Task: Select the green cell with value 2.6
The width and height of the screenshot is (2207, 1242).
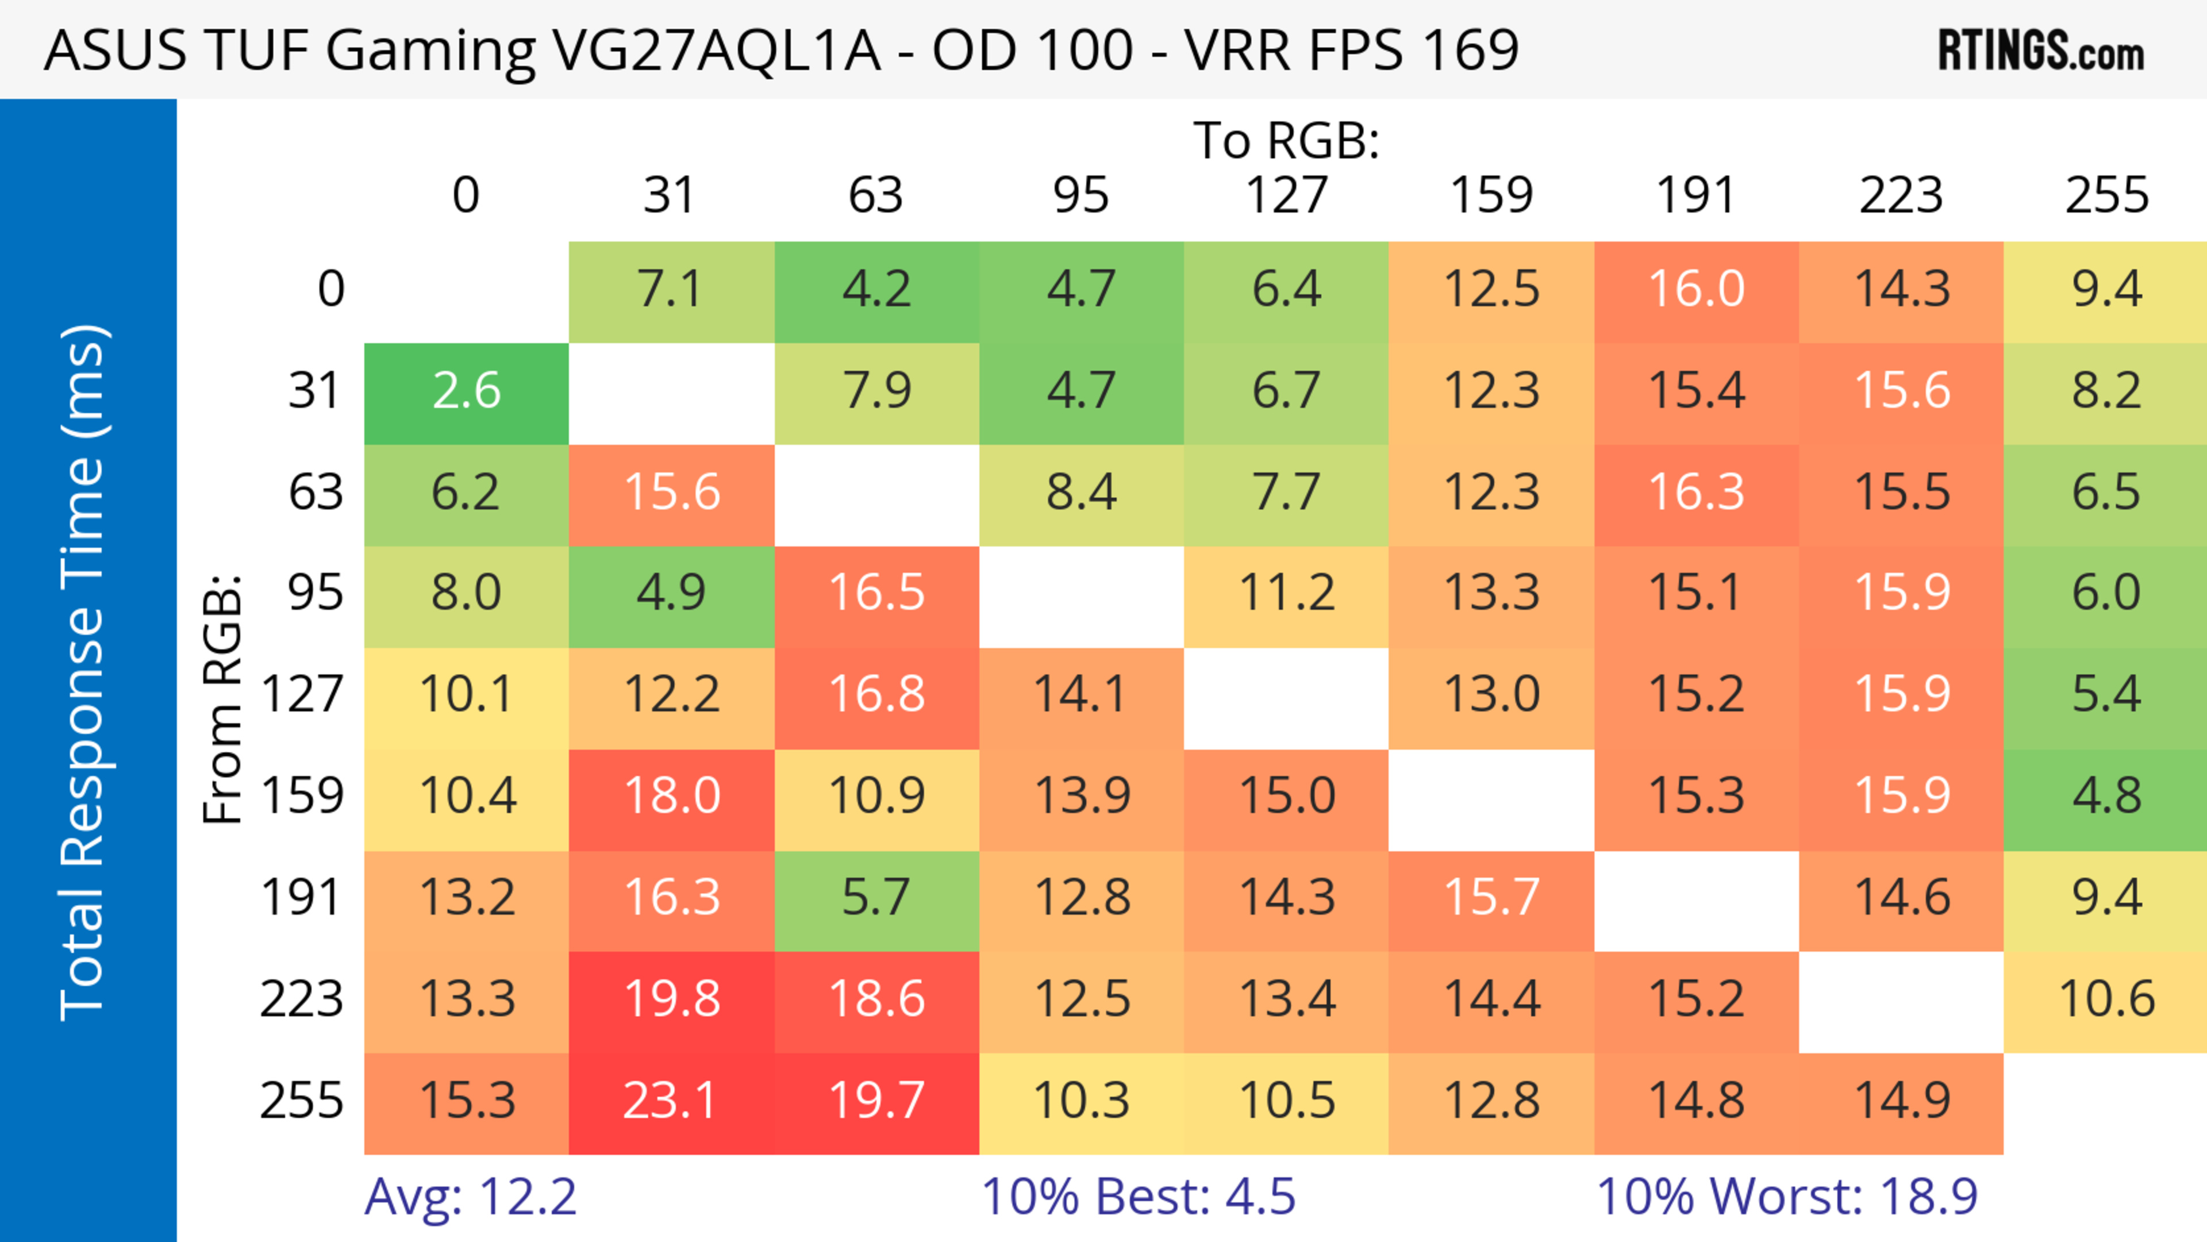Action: click(x=466, y=391)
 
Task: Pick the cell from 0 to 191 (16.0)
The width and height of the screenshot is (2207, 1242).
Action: click(x=1697, y=290)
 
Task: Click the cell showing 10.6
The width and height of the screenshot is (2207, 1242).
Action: click(x=2106, y=999)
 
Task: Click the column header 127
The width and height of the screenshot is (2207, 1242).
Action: click(x=1286, y=195)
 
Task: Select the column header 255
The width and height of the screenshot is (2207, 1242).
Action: click(x=2106, y=195)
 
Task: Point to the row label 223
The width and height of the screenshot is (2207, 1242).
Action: click(x=302, y=999)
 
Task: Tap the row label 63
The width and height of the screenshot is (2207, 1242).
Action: click(x=316, y=493)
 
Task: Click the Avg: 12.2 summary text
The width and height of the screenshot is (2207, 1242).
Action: click(x=470, y=1197)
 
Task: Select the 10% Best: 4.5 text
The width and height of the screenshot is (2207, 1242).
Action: click(x=1138, y=1197)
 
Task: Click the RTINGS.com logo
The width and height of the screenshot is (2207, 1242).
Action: click(x=2041, y=51)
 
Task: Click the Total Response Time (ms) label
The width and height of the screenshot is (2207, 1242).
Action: click(x=84, y=672)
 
